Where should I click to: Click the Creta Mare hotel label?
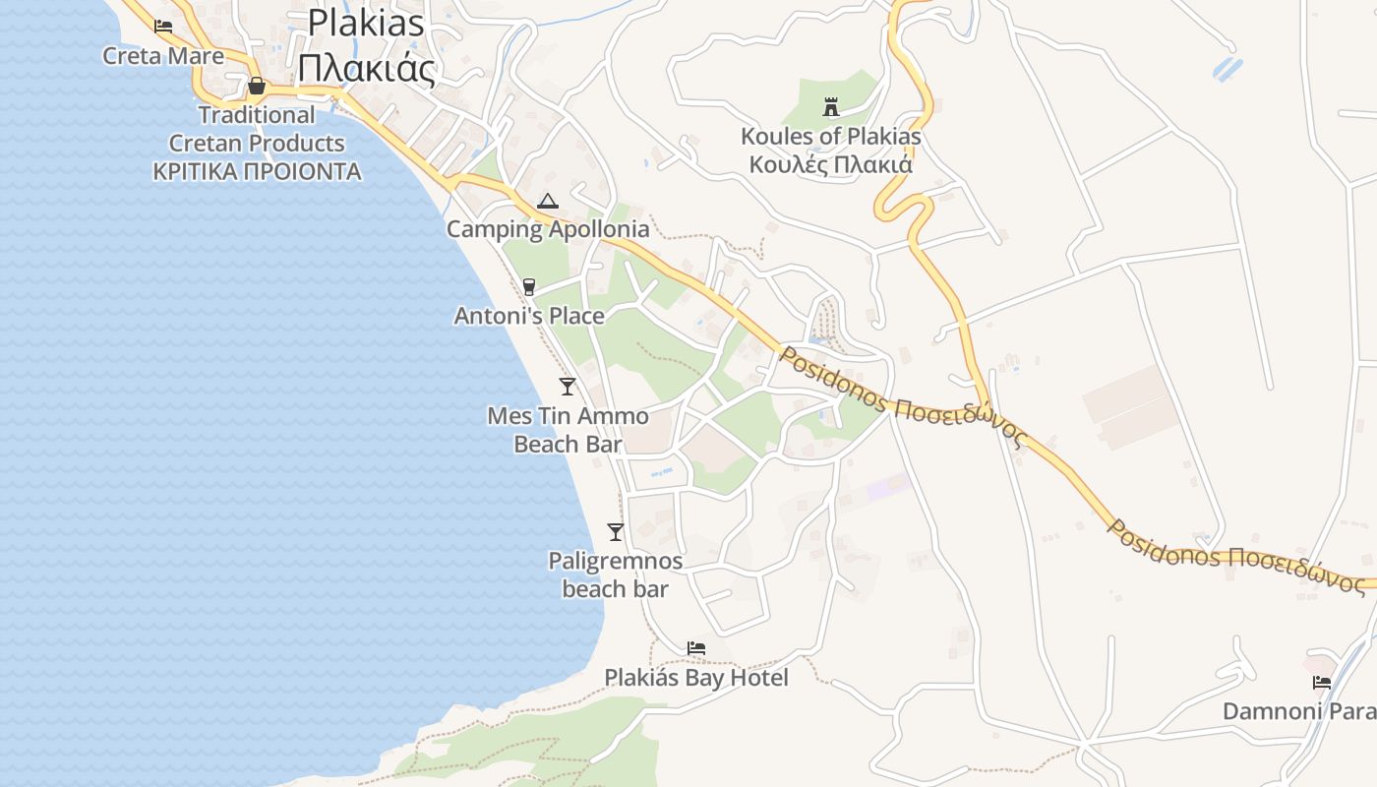coord(163,56)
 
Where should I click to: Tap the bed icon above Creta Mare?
coord(163,27)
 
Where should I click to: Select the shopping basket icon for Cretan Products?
coord(257,87)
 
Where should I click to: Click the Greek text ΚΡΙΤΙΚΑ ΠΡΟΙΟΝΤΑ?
coord(257,172)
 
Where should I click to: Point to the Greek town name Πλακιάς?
coord(366,69)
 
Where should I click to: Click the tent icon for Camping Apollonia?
coord(548,202)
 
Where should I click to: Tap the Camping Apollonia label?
coord(548,229)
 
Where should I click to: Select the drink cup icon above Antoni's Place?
coord(529,286)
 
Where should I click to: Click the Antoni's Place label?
coord(529,316)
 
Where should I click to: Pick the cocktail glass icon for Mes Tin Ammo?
coord(568,386)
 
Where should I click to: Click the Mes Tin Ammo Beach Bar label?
coord(569,430)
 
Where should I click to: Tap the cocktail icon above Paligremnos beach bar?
coord(616,532)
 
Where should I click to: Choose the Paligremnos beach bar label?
coord(616,575)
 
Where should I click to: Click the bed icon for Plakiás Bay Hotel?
coord(696,648)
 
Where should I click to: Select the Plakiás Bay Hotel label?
coord(696,678)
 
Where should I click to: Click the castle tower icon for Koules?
coord(831,106)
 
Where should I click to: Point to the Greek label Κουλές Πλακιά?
coord(831,164)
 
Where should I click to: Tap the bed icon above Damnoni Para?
coord(1322,683)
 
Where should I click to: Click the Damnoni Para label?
coord(1298,711)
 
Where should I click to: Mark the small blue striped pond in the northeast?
coord(1227,69)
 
